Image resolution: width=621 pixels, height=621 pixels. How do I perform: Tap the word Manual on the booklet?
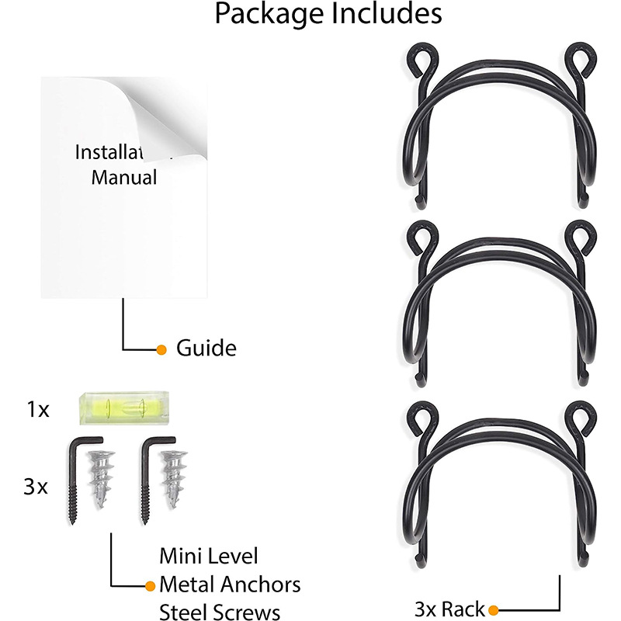coord(124,177)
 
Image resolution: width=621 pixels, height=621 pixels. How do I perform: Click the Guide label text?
coord(206,348)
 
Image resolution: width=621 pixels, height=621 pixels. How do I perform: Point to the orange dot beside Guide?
coord(161,349)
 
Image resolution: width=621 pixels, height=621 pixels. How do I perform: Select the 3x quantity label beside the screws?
coord(36,487)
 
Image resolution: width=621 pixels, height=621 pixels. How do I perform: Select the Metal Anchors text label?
coord(230,584)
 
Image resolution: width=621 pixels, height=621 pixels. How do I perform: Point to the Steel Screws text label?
coord(220,611)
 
